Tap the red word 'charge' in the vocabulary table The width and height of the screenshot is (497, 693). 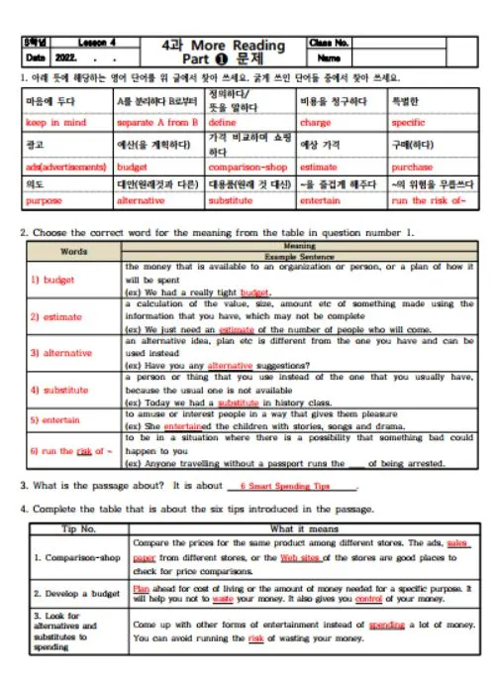pyautogui.click(x=315, y=122)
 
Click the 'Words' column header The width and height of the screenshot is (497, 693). pyautogui.click(x=74, y=252)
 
